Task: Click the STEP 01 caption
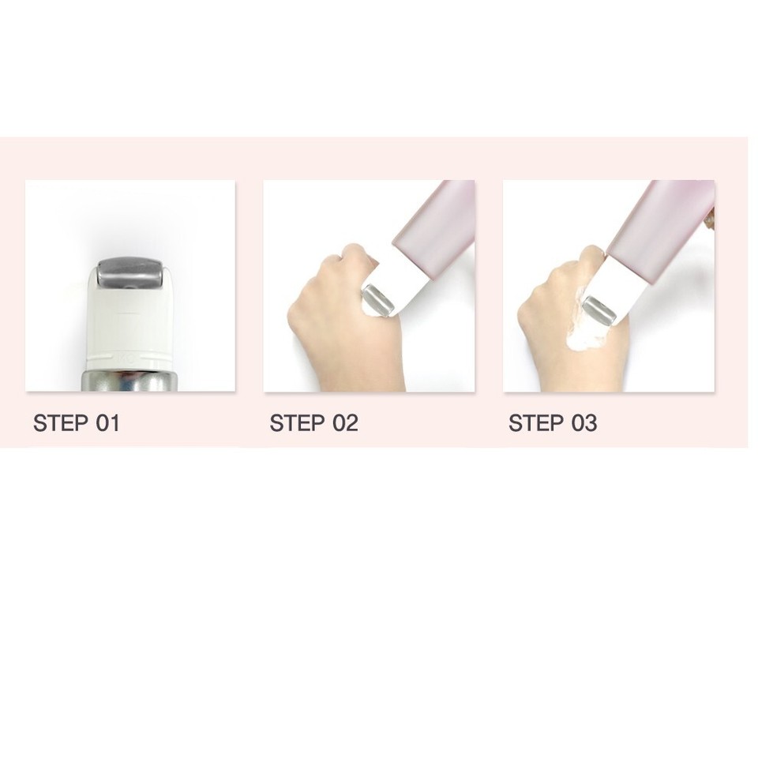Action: [x=77, y=423]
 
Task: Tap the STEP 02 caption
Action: [x=313, y=423]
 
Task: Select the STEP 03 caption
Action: [x=553, y=423]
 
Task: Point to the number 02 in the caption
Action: [x=344, y=423]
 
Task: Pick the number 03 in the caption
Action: [x=584, y=423]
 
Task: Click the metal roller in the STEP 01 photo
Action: [x=129, y=273]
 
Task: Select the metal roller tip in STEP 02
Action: [x=377, y=299]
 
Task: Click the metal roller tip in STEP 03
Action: [x=599, y=310]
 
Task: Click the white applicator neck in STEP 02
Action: [x=399, y=280]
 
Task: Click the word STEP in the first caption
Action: [x=61, y=423]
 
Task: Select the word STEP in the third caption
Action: [x=536, y=423]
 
